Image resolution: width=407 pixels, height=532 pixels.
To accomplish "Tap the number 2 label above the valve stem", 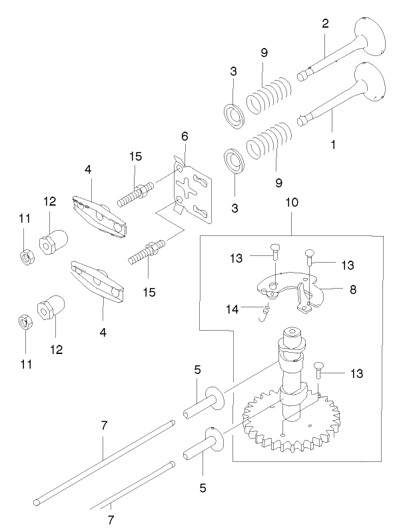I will [325, 24].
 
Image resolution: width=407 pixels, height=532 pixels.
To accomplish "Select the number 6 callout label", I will [185, 136].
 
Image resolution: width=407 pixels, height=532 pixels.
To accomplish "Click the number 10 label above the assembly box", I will [292, 201].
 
